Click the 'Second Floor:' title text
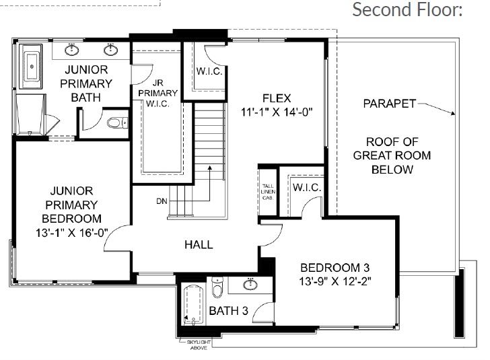408,10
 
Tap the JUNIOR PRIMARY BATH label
88,83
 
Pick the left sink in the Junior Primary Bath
73,49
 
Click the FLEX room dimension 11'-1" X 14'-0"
277,112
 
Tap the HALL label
199,244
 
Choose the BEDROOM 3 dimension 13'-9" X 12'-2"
337,279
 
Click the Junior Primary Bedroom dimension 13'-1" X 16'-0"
71,231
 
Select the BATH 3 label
228,310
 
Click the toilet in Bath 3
216,288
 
